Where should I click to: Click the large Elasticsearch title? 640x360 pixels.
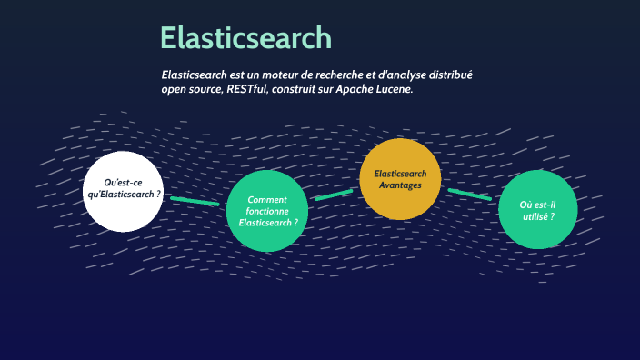245,38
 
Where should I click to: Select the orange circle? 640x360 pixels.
401,179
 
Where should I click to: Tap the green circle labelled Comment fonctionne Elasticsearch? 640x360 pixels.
266,212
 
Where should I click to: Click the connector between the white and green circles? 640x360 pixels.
195,201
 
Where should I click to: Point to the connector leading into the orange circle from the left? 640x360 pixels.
334,195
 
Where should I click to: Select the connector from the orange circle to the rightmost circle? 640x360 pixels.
469,195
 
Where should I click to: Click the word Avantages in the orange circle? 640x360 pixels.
401,185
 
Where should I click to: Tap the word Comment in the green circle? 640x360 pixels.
267,199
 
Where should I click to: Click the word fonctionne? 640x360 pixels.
267,211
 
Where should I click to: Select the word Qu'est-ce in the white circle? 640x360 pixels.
124,183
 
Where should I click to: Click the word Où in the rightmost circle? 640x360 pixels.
525,205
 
